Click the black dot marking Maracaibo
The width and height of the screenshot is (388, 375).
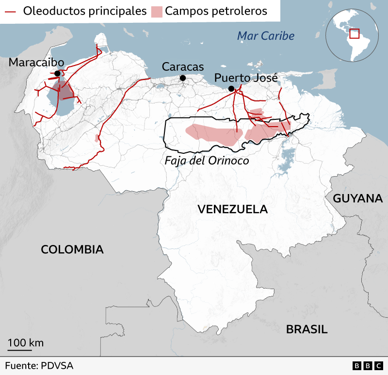57,73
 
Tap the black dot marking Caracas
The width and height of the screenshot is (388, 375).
183,78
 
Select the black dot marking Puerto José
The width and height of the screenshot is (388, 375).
231,88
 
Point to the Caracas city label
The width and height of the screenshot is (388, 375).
183,67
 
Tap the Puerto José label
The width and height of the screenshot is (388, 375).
246,78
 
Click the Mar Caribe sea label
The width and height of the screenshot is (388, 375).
265,36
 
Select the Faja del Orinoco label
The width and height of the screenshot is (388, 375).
207,161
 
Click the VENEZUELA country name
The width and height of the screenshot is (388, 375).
233,209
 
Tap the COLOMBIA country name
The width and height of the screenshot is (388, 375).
72,249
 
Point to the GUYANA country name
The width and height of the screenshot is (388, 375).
358,198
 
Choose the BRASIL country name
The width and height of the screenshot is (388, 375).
307,329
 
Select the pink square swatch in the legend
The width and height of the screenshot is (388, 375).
156,11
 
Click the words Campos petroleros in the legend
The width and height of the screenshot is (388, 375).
216,11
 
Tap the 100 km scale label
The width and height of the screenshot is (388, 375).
25,343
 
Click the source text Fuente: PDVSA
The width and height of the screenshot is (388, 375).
39,365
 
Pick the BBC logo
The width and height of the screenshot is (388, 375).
368,366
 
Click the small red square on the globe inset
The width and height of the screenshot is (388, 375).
355,33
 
